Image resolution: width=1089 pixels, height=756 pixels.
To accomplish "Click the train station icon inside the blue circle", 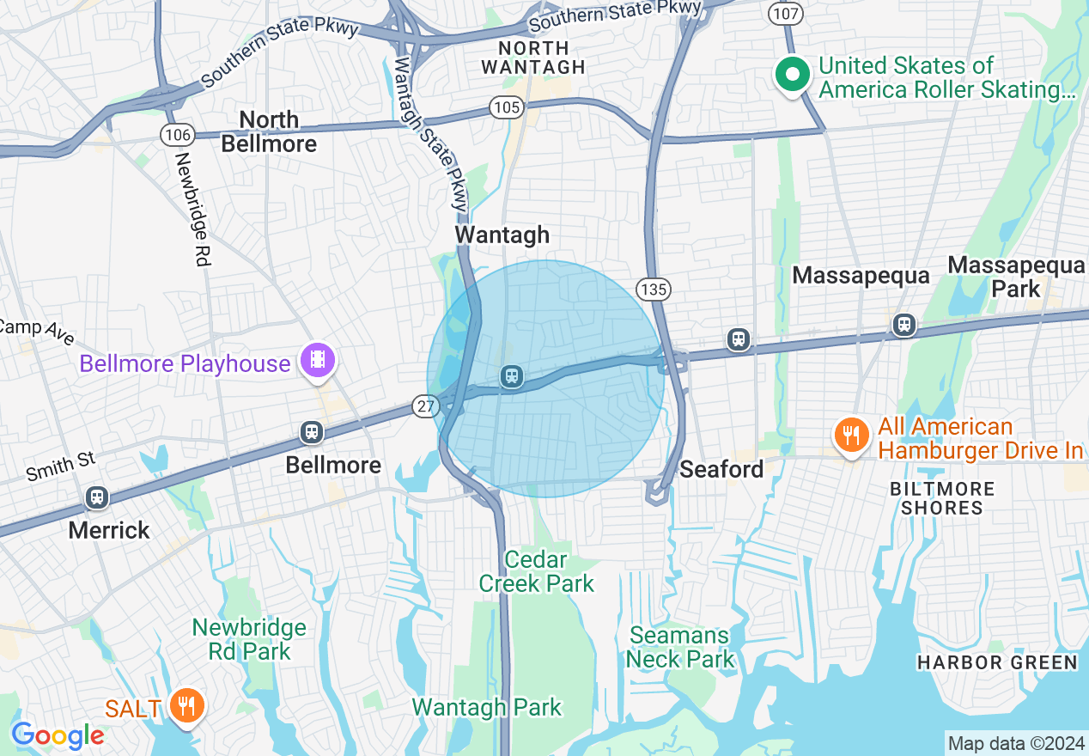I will click(512, 375).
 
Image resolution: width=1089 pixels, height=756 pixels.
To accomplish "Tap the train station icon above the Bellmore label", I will click(312, 432).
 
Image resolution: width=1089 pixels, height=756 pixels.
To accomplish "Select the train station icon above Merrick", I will click(96, 497).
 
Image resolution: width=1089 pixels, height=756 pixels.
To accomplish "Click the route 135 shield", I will click(654, 289).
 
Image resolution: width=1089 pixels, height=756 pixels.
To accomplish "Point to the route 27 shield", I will click(426, 406).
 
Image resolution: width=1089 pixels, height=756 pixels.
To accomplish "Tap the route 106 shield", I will click(177, 134).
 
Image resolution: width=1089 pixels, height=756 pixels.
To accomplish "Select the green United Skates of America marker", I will click(793, 75).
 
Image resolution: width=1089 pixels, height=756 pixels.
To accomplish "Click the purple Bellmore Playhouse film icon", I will click(318, 359).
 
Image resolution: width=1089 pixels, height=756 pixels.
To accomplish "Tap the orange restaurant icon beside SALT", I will click(185, 706).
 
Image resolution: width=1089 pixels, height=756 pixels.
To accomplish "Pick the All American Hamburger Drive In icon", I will click(850, 435).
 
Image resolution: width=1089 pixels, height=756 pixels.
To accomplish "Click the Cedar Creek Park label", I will click(536, 572).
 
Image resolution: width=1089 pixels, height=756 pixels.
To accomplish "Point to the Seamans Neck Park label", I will click(680, 648).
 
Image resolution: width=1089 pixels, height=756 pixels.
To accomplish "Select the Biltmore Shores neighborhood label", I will click(941, 498).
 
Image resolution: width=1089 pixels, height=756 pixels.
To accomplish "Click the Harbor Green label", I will click(996, 662).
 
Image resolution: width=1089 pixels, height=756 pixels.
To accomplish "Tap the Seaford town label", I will click(721, 469).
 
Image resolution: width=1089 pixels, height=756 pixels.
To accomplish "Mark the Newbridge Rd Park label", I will click(249, 639).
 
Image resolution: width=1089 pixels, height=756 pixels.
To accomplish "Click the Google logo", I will click(58, 736).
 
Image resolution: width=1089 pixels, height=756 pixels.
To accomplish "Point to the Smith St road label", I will click(61, 466).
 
